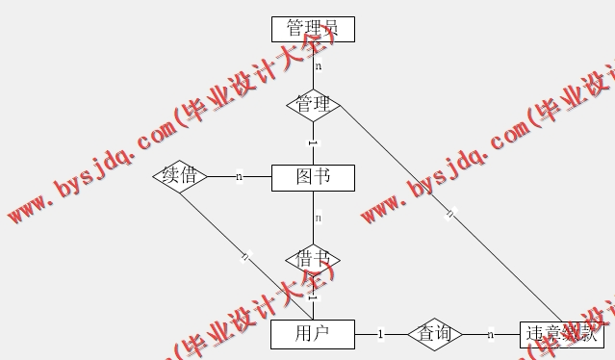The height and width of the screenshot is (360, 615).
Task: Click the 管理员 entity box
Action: [x=313, y=29]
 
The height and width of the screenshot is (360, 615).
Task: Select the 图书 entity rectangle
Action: [x=313, y=177]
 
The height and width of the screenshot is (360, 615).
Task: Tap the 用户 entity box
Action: [x=313, y=334]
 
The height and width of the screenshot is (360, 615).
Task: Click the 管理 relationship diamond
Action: [x=313, y=103]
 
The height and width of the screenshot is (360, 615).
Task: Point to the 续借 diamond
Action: [x=180, y=176]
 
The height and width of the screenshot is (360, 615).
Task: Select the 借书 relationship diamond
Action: [x=313, y=259]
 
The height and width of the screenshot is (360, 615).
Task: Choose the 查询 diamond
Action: [x=435, y=334]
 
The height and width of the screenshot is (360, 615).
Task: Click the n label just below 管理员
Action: [x=318, y=66]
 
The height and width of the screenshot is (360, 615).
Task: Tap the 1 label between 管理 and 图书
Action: [x=313, y=143]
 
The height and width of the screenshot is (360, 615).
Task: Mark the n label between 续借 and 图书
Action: [x=239, y=176]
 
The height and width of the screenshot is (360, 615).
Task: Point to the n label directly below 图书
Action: [x=317, y=218]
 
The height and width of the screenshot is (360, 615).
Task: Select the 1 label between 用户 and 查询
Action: [x=381, y=334]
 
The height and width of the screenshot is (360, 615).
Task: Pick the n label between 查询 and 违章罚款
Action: [x=490, y=334]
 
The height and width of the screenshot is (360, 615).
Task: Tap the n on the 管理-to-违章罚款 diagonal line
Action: [x=448, y=214]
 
